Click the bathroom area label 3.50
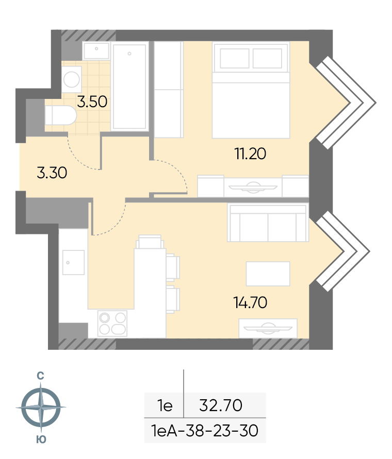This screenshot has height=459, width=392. (92, 102)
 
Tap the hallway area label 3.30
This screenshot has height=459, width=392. (52, 173)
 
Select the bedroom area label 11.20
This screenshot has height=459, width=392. (250, 154)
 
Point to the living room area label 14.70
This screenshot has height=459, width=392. (250, 302)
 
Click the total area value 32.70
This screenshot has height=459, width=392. (221, 405)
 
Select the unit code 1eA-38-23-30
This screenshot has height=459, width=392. (205, 431)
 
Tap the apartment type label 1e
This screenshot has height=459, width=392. (165, 405)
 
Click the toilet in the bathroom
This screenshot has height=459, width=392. (61, 115)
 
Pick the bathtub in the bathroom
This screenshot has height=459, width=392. (129, 87)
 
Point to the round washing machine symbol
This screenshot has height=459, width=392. (72, 79)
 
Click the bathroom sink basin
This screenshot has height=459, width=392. (96, 50)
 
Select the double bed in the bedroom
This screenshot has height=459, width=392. (251, 90)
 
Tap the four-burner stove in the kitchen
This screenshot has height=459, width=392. (112, 324)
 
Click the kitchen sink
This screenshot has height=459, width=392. (73, 262)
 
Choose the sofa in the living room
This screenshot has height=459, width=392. (268, 223)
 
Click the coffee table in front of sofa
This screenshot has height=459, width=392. (268, 274)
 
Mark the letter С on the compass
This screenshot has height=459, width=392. (40, 376)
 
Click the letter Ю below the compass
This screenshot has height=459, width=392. (41, 439)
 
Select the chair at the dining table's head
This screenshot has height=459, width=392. (150, 242)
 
